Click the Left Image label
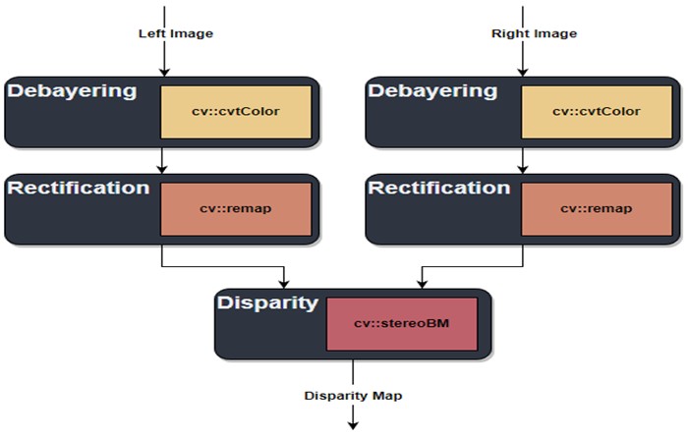click(x=175, y=34)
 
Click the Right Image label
click(x=534, y=34)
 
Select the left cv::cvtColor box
click(x=237, y=111)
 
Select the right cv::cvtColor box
click(x=596, y=111)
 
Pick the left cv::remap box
click(x=237, y=209)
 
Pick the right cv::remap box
click(x=596, y=209)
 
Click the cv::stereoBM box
click(x=401, y=323)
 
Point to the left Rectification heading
click(x=78, y=188)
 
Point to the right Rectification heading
click(x=437, y=188)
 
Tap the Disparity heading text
click(x=266, y=302)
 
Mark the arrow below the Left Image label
click(x=164, y=59)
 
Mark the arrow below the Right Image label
click(x=522, y=59)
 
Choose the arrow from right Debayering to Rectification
click(x=522, y=160)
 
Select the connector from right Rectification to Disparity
click(x=472, y=265)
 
